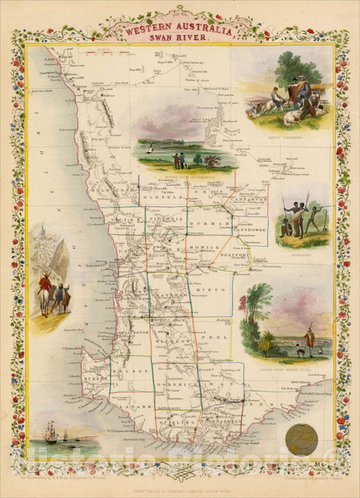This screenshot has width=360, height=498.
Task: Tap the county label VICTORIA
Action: (165, 221)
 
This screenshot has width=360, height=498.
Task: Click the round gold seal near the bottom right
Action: (302, 439)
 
